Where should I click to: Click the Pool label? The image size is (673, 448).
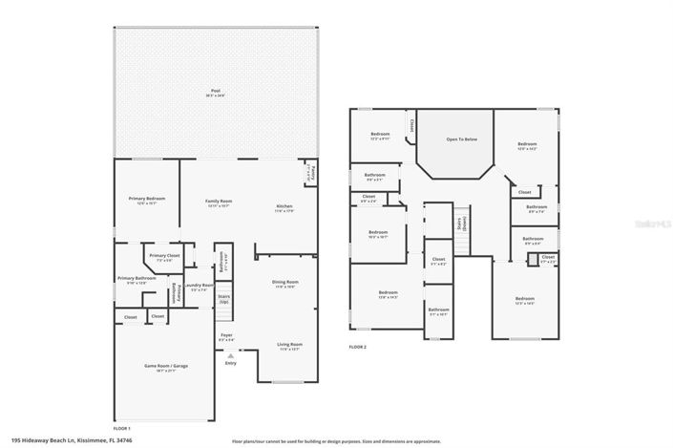point(215,91)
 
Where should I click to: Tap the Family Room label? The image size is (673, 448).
point(220,203)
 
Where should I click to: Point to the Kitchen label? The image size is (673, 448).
point(284,208)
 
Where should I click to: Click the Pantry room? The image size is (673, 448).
point(310,174)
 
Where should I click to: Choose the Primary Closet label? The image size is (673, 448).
point(164,257)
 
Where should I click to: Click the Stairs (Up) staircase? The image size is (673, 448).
point(225,306)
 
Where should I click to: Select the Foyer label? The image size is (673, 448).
point(226,336)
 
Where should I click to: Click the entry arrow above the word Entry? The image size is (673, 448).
point(229,354)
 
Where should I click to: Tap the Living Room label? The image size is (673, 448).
point(289,346)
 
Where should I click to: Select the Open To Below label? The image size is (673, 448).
point(454,139)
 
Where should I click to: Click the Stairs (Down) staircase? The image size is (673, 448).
point(462,224)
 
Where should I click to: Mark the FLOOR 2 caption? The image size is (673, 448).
point(358,346)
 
